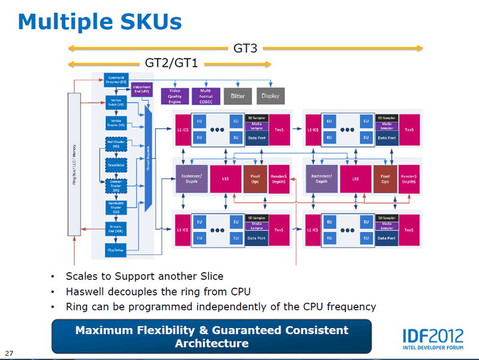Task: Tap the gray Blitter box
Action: (x=238, y=96)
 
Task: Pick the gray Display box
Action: (x=270, y=96)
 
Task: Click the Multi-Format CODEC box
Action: (x=205, y=96)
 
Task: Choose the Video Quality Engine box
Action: (x=174, y=96)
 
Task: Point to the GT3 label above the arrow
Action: (x=245, y=48)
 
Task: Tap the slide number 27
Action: (x=9, y=352)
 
